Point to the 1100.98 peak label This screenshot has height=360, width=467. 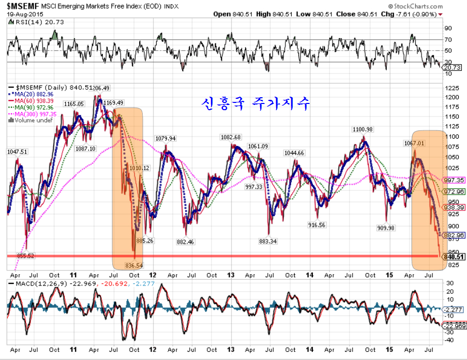tap(363, 129)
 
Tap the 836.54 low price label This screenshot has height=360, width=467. tap(134, 265)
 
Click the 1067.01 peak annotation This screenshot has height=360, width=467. tap(413, 143)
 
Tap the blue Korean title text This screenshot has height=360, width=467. tap(255, 103)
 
